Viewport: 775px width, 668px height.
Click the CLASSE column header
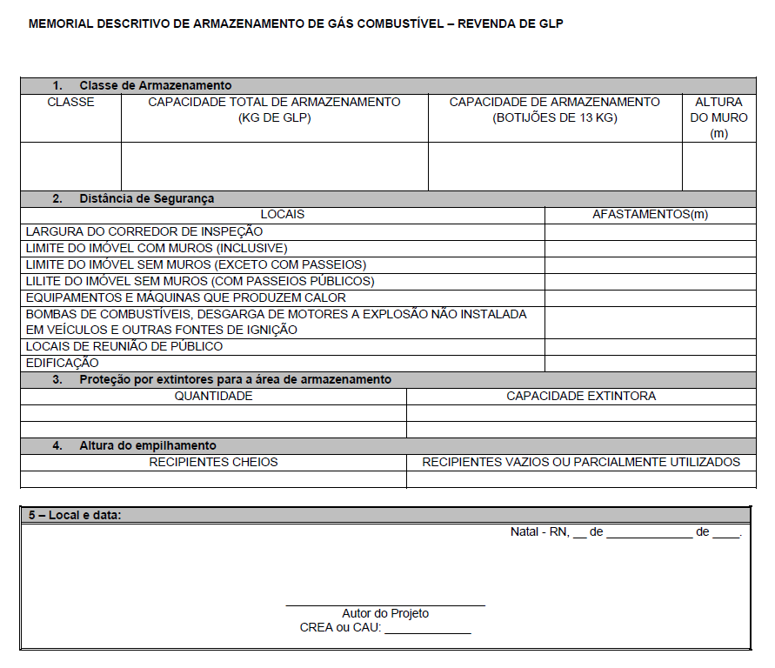[x=70, y=102]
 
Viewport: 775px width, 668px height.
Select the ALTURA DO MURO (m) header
[x=718, y=117]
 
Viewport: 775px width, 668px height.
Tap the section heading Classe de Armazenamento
[x=155, y=85]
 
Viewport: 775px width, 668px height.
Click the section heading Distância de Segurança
[x=146, y=198]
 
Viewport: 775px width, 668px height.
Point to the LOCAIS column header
[x=283, y=214]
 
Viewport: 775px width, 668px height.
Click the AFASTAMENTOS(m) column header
[x=650, y=214]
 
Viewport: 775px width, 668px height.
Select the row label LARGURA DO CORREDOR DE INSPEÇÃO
[x=144, y=231]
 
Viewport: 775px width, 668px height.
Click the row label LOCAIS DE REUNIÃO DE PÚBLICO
[x=124, y=346]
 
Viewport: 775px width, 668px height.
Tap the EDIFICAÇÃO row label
[x=63, y=363]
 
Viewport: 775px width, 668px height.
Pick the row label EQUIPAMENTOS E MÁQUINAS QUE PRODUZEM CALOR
[x=186, y=297]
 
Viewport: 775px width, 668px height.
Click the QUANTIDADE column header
[x=213, y=396]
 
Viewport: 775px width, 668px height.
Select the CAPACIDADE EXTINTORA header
[x=581, y=396]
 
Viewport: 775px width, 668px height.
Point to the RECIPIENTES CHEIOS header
[x=213, y=462]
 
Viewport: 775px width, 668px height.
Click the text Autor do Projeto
[x=385, y=613]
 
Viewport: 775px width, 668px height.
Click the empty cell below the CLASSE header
[x=70, y=166]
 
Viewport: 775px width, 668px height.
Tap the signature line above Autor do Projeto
[x=385, y=605]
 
